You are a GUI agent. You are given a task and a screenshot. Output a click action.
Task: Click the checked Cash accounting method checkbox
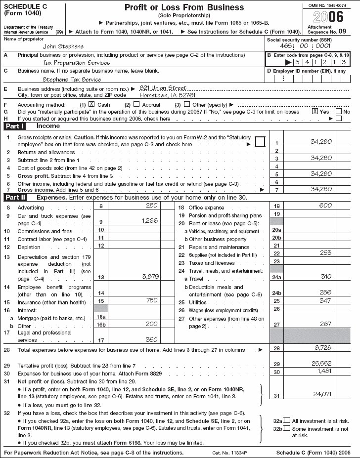(91, 104)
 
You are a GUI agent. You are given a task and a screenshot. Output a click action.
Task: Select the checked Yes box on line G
(315, 112)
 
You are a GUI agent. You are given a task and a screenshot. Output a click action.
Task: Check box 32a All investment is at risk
(287, 420)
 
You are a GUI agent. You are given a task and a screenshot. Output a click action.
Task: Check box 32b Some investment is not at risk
(287, 429)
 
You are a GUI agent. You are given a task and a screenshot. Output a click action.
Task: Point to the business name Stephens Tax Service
(72, 79)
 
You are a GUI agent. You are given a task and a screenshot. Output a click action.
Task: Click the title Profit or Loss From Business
(184, 7)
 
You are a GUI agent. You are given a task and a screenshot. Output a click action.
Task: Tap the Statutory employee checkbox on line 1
(260, 142)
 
